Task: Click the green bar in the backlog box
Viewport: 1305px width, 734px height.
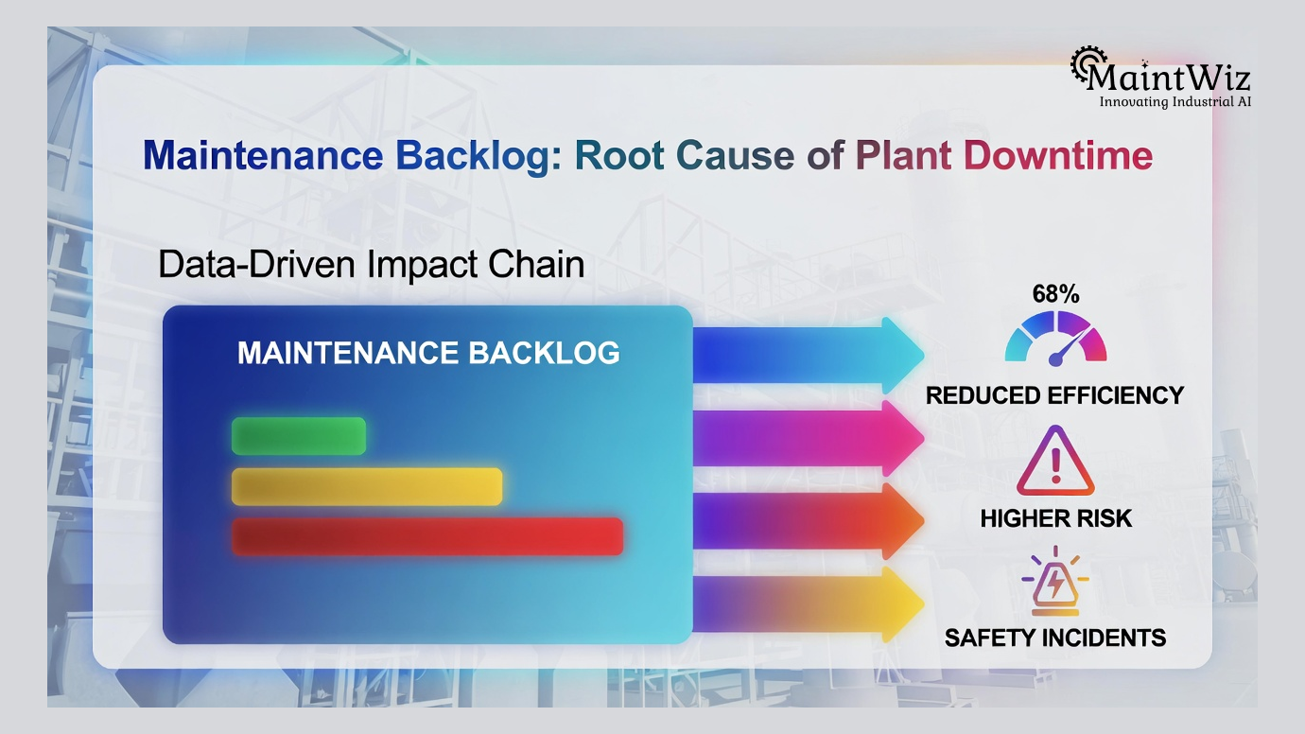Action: coord(299,436)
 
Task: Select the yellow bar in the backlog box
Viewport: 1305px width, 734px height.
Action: coord(367,486)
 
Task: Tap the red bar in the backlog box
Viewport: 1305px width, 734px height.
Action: coord(427,536)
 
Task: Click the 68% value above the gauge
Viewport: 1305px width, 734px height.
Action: coord(1055,294)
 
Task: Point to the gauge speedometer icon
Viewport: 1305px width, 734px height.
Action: coord(1055,341)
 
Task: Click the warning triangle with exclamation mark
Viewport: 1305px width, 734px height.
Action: coord(1055,463)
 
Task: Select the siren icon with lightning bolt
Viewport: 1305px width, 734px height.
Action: coord(1054,579)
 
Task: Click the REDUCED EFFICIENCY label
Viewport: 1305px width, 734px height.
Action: coord(1054,395)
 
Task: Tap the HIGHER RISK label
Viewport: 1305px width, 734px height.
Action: coord(1055,518)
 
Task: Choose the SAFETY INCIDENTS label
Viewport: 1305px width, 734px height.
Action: coord(1054,638)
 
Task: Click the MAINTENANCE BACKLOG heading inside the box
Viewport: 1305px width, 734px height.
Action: coord(428,353)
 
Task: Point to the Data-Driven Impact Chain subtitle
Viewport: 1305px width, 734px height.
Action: coord(371,264)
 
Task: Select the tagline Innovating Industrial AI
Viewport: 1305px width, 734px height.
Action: coord(1174,101)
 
